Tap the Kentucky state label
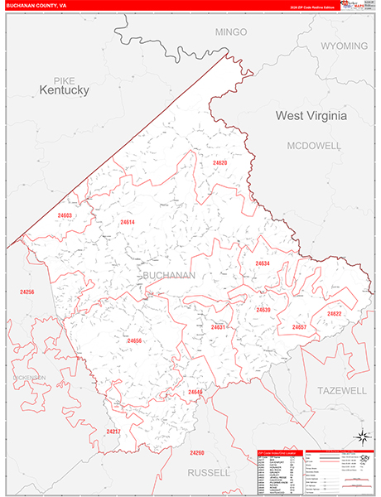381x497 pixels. pyautogui.click(x=64, y=89)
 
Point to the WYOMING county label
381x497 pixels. pyautogui.click(x=344, y=46)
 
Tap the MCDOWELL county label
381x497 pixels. pyautogui.click(x=314, y=145)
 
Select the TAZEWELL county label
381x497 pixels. pyautogui.click(x=341, y=389)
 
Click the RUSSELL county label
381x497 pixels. pyautogui.click(x=209, y=472)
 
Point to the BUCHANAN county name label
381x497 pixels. pyautogui.click(x=169, y=275)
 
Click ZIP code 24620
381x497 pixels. pyautogui.click(x=219, y=163)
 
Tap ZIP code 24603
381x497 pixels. pyautogui.click(x=65, y=215)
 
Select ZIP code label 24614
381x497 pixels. pyautogui.click(x=127, y=222)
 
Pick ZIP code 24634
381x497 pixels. pyautogui.click(x=263, y=263)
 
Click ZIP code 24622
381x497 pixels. pyautogui.click(x=334, y=314)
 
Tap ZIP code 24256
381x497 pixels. pyautogui.click(x=27, y=292)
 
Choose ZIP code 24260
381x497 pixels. pyautogui.click(x=196, y=452)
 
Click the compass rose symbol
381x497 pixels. pyautogui.click(x=362, y=437)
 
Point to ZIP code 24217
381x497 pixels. pyautogui.click(x=113, y=432)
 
